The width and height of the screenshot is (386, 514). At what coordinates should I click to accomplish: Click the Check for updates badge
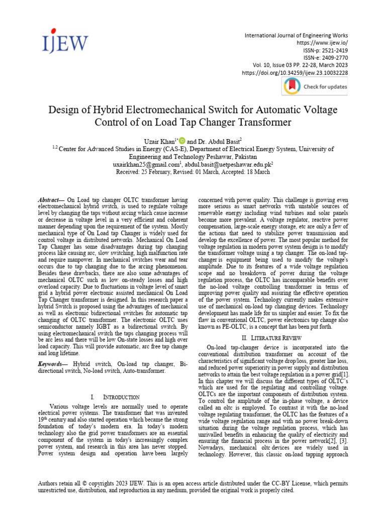315,86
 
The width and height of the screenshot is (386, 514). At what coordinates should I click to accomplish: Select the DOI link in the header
295,73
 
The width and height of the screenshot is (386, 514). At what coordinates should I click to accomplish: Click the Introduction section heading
117,397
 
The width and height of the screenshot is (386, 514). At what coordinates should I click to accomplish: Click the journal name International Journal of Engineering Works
296,36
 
